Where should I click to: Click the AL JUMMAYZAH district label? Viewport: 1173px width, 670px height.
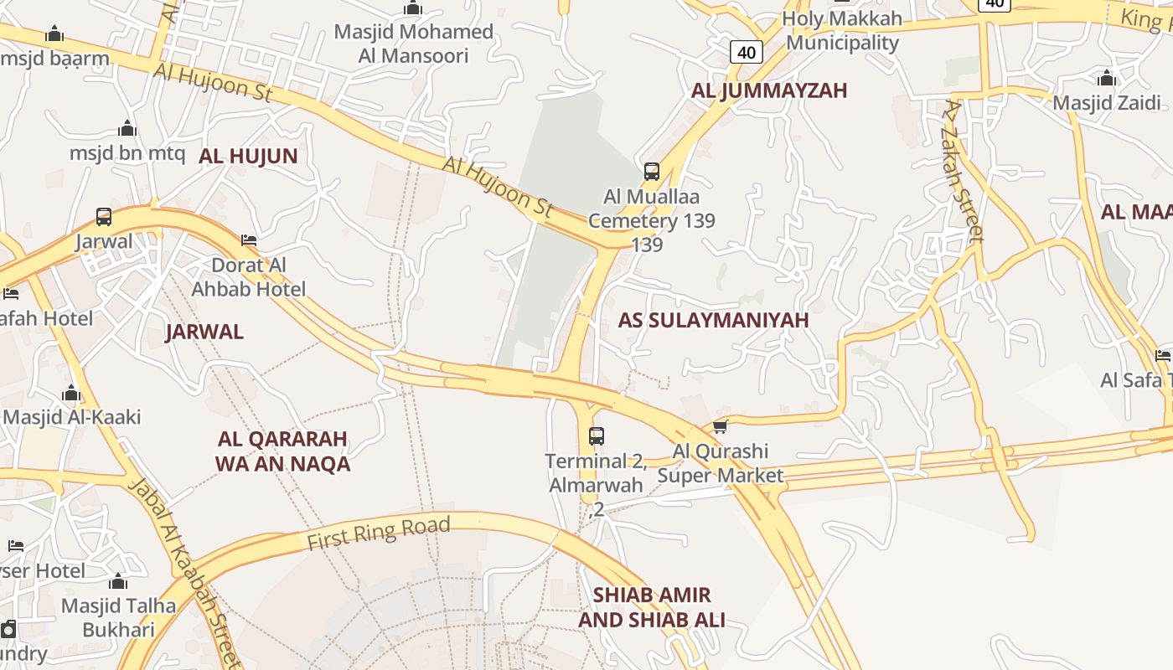[x=769, y=90]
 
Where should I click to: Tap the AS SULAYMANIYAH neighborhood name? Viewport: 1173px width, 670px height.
[x=713, y=320]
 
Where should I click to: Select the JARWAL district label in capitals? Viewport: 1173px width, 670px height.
[x=204, y=332]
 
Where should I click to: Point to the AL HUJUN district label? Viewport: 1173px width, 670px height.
[x=248, y=156]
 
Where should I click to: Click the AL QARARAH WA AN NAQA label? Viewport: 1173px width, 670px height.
[x=282, y=451]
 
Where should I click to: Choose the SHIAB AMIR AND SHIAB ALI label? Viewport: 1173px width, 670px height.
[x=652, y=607]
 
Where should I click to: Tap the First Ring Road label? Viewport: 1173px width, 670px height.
[x=379, y=533]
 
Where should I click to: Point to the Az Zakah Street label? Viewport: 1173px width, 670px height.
[x=963, y=171]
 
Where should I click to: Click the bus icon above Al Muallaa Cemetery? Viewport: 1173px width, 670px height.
[x=652, y=172]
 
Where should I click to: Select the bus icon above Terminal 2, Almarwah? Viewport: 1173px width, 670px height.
[x=597, y=435]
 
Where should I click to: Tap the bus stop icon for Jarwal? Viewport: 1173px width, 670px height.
[x=104, y=217]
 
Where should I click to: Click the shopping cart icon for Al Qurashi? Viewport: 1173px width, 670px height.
[x=720, y=426]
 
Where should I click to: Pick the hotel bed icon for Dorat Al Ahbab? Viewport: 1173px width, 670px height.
[x=249, y=240]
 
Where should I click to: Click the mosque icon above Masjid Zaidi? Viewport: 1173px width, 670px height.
[x=1107, y=79]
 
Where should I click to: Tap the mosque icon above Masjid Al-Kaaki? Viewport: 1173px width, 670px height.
[x=71, y=393]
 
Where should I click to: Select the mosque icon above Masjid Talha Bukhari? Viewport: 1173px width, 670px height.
[x=118, y=581]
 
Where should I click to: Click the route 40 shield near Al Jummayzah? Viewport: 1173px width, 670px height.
[x=746, y=53]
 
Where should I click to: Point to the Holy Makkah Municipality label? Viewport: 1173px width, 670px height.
[x=842, y=30]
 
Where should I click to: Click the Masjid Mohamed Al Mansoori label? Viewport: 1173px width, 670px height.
[x=414, y=44]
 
